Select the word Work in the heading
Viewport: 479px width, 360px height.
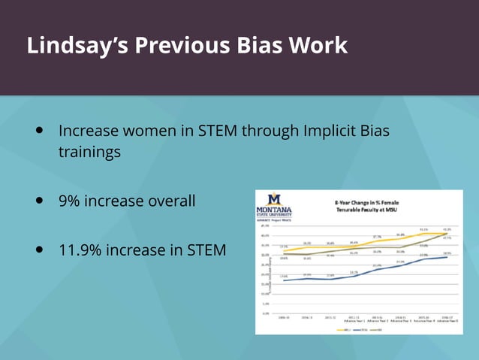[x=323, y=46]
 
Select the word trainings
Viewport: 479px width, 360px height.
[x=89, y=153]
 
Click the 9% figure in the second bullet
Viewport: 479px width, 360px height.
[x=69, y=201]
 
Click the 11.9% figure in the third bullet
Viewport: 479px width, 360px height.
[x=79, y=250]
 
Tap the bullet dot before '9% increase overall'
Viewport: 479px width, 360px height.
[x=39, y=201]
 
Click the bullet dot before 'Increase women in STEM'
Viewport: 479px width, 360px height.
[x=39, y=131]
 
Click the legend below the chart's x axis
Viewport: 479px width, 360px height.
[x=358, y=328]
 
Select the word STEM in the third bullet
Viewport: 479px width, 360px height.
[x=204, y=250]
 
